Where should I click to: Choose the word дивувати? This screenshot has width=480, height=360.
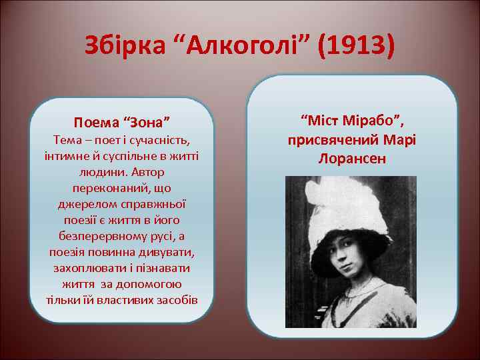click(x=166, y=252)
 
